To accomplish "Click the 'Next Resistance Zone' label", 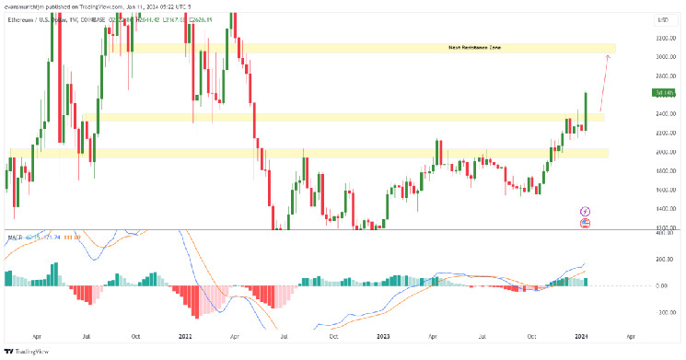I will coord(474,47).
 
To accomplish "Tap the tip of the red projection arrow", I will coord(608,56).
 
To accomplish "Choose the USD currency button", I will coord(662,18).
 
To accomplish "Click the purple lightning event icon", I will coord(584,211).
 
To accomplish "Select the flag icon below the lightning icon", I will coord(584,223).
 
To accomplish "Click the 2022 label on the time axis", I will coord(187,337).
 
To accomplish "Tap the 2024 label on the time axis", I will coord(584,337).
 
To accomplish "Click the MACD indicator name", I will coord(13,238).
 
